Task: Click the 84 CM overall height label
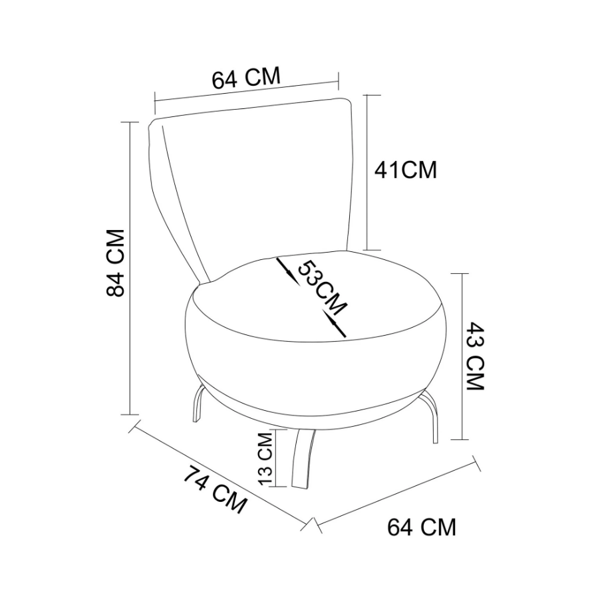[x=115, y=263]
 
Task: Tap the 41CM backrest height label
[x=405, y=170]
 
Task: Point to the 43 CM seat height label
[x=475, y=356]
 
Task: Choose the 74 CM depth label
[x=215, y=489]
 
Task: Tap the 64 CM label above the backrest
[x=246, y=78]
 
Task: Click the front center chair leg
[x=303, y=459]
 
